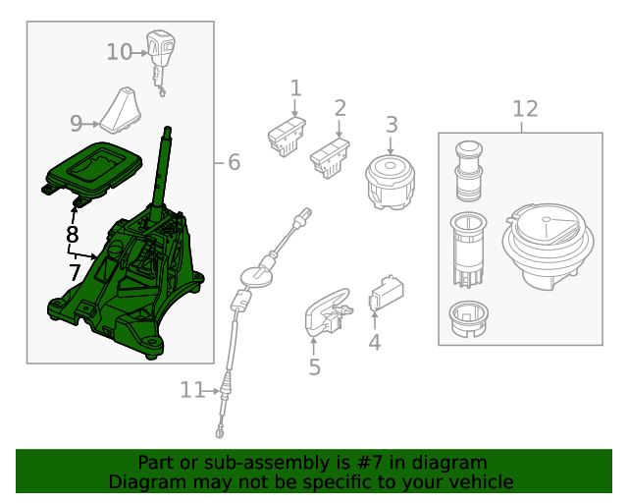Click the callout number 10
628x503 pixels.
point(119,52)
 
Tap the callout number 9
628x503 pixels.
point(77,124)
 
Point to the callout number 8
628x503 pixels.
point(72,235)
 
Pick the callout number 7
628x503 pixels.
point(75,271)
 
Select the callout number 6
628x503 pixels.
point(234,163)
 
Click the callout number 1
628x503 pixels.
point(295,89)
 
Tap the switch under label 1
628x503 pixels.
point(286,137)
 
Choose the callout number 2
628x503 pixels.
point(340,107)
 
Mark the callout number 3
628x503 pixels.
point(391,125)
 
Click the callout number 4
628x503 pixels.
point(374,343)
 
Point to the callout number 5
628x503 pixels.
point(314,367)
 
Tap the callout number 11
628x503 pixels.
point(191,391)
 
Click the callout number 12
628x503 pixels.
point(525,108)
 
